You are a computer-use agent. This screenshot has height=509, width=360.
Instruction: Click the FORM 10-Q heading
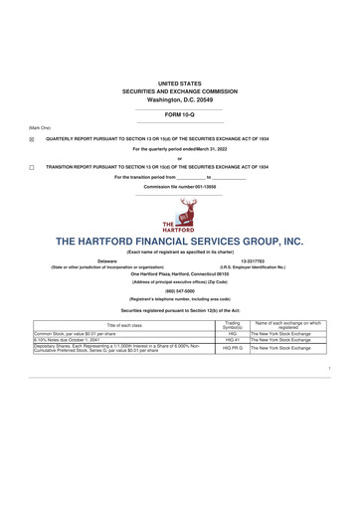click(x=179, y=116)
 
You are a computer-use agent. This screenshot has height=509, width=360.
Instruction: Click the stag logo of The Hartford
click(x=180, y=211)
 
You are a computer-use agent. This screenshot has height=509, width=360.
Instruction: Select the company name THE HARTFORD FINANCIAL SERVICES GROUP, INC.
click(x=179, y=242)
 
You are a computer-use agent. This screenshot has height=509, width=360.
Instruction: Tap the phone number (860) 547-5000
click(x=179, y=291)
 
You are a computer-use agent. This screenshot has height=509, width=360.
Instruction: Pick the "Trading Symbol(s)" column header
click(x=235, y=324)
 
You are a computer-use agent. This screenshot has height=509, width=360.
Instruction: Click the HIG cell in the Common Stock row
click(x=235, y=333)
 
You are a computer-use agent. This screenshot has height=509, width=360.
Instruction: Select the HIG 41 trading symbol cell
click(x=235, y=340)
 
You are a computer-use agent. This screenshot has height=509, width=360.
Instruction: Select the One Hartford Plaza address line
click(x=179, y=273)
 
